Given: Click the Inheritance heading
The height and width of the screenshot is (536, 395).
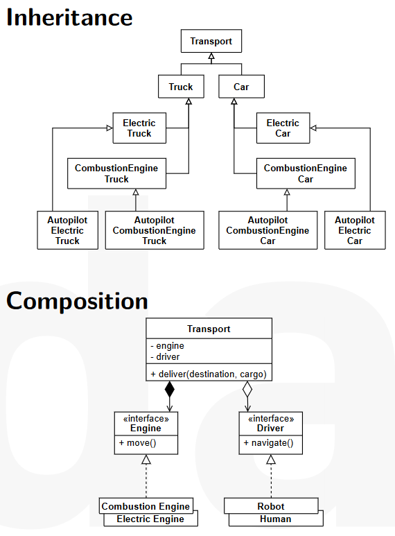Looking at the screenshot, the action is coord(69,17).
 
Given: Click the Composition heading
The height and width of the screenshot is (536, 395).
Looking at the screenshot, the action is coord(77,301).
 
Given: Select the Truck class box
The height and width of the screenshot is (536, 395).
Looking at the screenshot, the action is coord(181,87).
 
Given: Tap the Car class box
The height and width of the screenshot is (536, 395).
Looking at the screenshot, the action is coord(241,87).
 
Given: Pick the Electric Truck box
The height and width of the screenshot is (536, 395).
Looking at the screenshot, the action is coord(139,128).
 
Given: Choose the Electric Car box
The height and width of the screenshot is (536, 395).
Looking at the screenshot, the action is coord(283,128).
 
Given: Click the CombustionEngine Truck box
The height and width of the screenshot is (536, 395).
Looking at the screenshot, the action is coord(116,173).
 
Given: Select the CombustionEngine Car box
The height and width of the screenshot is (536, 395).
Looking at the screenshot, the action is coord(306,173).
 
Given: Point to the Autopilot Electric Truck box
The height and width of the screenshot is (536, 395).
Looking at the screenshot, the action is coord(67,230).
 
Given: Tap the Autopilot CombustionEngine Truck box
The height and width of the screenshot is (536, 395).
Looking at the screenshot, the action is coord(155,230).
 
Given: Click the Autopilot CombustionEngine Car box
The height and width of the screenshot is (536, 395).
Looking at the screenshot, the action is coord(268,230).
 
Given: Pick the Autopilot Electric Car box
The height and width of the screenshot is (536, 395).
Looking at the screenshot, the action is coord(355,230).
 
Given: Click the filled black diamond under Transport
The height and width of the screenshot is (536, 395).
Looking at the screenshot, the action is coord(170,389).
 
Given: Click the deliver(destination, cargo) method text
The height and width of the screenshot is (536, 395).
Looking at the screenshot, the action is coord(209,374).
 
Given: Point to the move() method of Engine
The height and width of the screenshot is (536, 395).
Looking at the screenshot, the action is coord(137,443).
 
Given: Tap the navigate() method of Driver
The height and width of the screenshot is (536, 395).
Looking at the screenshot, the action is coord(268,443).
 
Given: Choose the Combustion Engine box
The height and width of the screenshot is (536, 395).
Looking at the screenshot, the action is coord(146,505).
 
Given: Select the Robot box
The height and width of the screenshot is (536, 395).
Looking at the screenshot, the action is coord(271,505).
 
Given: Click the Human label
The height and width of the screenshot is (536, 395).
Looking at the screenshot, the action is coord(275,519).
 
